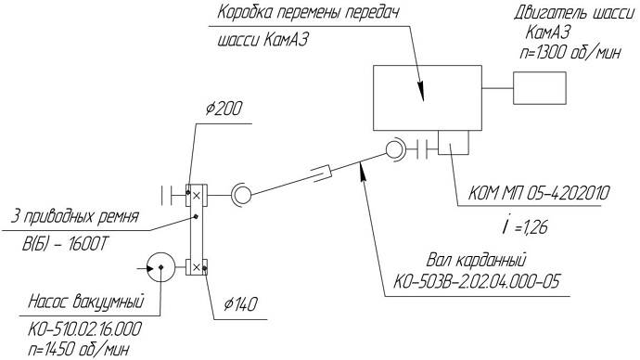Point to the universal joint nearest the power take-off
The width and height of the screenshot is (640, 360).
click(394, 149)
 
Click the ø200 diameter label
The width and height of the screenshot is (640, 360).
click(224, 109)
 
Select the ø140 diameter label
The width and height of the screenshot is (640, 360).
click(240, 304)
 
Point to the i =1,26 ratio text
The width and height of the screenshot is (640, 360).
click(525, 226)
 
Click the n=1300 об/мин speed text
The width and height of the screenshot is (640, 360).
click(570, 53)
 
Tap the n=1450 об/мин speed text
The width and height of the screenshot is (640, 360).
click(79, 350)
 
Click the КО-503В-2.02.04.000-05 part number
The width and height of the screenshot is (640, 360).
click(476, 282)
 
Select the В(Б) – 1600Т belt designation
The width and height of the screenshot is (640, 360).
click(65, 244)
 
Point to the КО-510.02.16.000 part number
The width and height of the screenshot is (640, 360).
click(84, 329)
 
